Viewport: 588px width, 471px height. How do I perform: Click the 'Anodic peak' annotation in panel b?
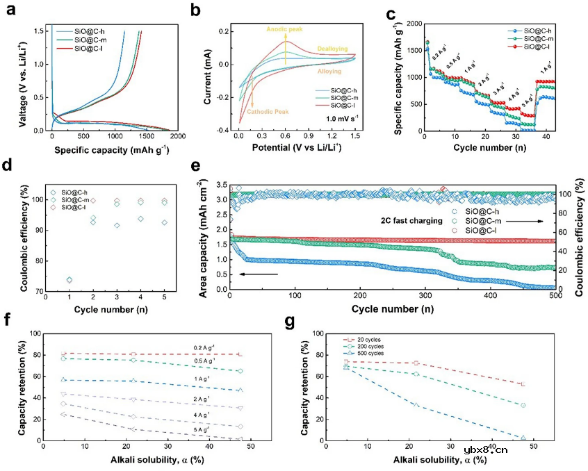pos(285,30)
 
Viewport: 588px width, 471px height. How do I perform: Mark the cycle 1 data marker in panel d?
pos(69,280)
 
